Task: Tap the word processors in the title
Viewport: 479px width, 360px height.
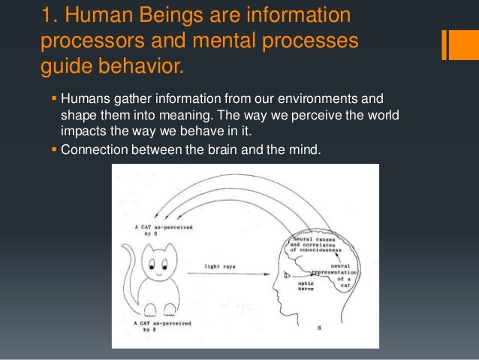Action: coord(93,43)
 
